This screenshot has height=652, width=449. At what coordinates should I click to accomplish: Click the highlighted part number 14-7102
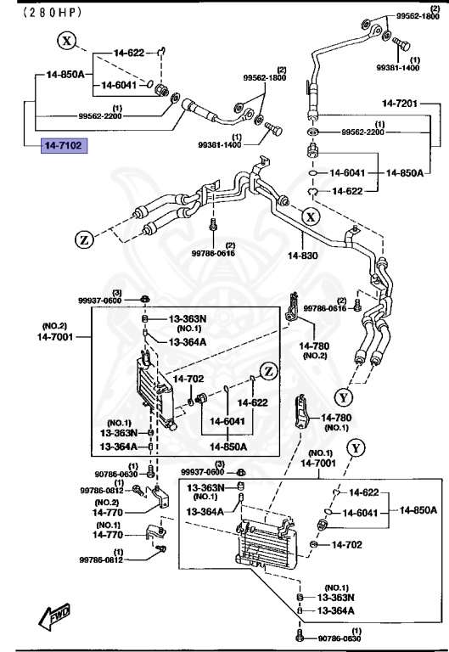point(65,146)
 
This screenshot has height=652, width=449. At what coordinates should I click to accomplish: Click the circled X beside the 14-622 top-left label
point(69,40)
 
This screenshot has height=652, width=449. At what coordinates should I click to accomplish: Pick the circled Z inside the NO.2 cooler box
point(268,370)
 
